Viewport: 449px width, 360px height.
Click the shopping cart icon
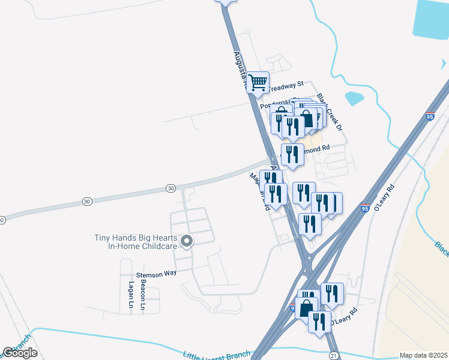(x=258, y=83)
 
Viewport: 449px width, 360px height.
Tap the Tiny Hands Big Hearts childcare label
(x=135, y=242)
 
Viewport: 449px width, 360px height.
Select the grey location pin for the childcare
(x=187, y=242)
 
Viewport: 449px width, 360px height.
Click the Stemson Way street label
(x=157, y=273)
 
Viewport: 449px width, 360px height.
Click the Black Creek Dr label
(x=330, y=112)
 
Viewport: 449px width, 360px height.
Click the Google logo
(x=20, y=353)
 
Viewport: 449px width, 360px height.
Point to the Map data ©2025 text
(x=424, y=355)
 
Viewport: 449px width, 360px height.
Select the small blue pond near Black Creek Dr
(x=354, y=97)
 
